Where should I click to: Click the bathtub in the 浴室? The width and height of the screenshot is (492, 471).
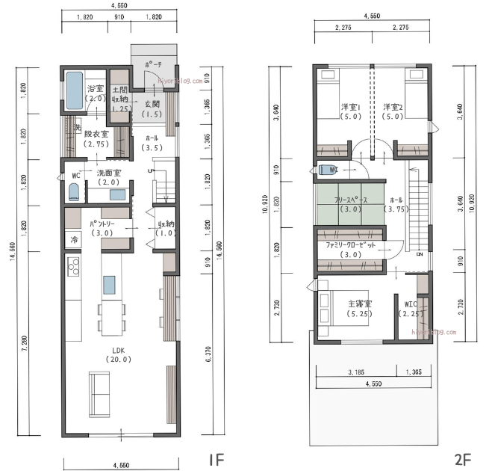tap(75, 90)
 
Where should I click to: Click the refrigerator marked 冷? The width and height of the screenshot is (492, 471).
tap(74, 240)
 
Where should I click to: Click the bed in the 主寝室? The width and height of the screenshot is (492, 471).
tap(326, 309)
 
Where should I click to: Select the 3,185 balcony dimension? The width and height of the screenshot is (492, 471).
tap(355, 372)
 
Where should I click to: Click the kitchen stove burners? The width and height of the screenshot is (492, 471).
tap(73, 265)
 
